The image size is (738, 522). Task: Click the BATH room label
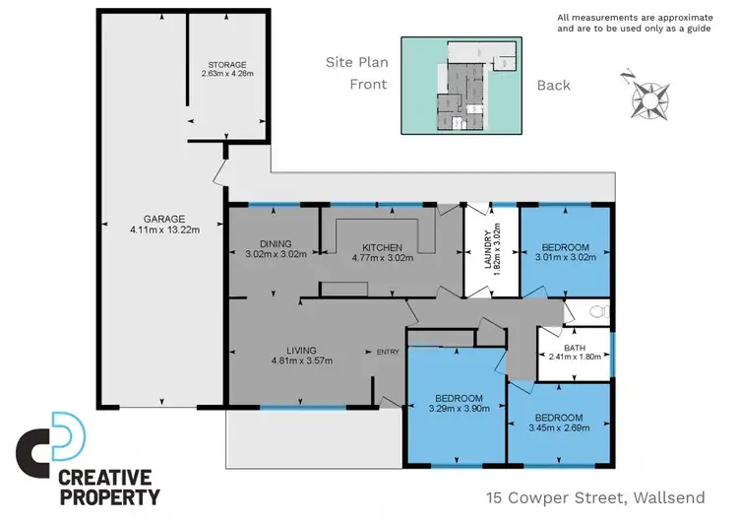click(x=574, y=348)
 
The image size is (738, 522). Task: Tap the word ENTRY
click(x=388, y=351)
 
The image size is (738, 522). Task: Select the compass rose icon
click(x=648, y=96)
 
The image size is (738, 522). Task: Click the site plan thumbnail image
click(x=462, y=85)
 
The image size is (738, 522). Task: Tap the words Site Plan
click(x=357, y=62)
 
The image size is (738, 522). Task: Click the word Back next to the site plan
click(x=554, y=85)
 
